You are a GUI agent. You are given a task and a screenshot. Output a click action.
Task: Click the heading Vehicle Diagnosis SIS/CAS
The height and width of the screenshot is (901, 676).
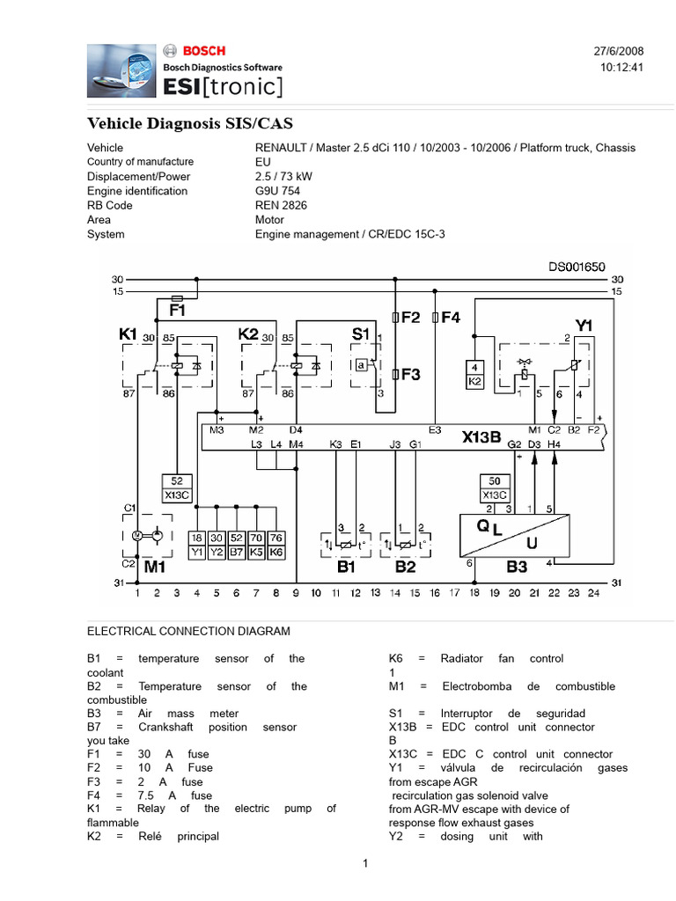pos(189,122)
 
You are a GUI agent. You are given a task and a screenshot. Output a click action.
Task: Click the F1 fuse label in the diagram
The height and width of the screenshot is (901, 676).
pos(177,311)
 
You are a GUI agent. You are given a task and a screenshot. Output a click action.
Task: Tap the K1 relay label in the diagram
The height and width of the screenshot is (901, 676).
pos(129,334)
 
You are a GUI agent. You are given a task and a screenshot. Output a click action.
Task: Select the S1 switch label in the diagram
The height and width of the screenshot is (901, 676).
pos(361,334)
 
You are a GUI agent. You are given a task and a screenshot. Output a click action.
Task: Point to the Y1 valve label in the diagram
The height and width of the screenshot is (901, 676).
pos(584,325)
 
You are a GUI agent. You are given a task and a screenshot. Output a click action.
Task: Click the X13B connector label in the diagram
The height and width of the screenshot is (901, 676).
pos(482,436)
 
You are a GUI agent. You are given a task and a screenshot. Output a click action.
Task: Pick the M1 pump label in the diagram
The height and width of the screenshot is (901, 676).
pos(155,567)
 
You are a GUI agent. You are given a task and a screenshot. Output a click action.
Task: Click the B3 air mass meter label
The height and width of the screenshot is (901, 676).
pos(517,567)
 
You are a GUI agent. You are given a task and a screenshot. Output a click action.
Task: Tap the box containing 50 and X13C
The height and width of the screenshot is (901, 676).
pos(495,487)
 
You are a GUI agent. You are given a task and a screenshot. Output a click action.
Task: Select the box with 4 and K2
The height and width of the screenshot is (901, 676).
pos(474,374)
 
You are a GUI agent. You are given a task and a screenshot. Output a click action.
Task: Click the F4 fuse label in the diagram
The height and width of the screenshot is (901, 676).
pos(451,318)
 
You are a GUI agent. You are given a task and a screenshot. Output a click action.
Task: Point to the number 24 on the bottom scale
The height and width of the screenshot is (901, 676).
pos(594,594)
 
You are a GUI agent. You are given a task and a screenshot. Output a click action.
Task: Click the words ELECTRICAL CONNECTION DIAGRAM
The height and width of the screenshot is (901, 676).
pos(188,631)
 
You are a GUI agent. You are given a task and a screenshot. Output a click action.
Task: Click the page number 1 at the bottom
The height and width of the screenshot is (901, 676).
pos(364,864)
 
